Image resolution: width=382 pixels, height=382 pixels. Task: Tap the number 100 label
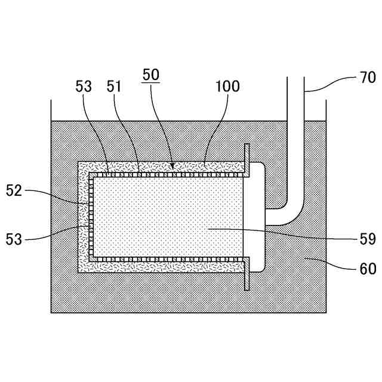click(x=227, y=87)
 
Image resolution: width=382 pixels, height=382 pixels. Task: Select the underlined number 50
click(x=150, y=76)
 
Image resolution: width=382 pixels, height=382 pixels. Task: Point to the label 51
click(x=115, y=87)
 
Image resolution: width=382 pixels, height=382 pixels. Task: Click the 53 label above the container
click(x=84, y=87)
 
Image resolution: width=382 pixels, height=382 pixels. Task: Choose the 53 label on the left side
click(x=14, y=239)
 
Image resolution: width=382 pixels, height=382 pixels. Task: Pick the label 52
click(x=14, y=191)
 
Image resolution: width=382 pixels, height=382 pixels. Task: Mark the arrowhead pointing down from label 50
click(x=172, y=165)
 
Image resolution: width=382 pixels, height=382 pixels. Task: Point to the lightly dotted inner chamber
click(x=167, y=218)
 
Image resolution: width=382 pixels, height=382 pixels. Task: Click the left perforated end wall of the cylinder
click(x=93, y=218)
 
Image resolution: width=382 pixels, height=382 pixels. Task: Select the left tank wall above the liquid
click(x=51, y=110)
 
